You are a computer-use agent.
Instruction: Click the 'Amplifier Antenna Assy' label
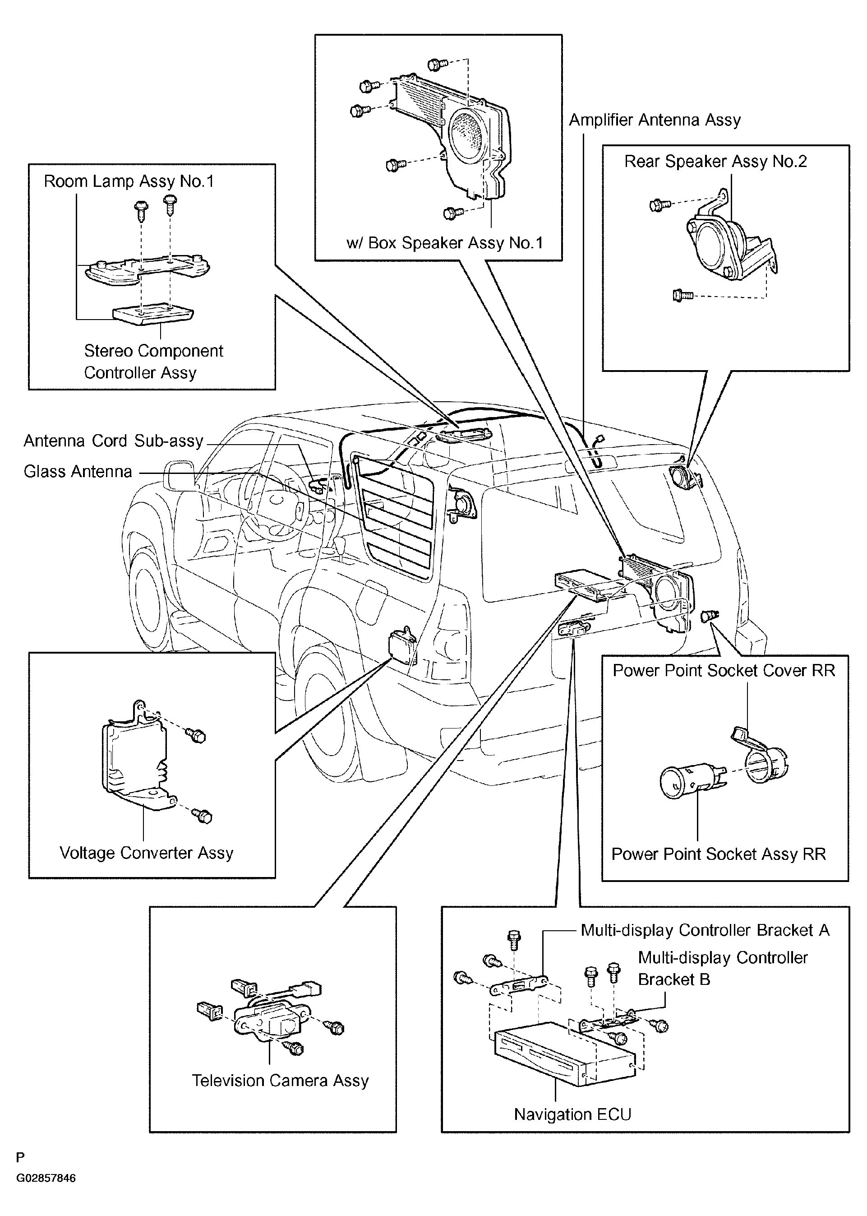point(655,120)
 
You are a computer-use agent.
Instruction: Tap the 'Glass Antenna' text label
point(78,472)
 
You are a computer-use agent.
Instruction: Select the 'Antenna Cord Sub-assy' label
point(114,441)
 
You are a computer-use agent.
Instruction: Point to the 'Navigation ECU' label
point(572,1114)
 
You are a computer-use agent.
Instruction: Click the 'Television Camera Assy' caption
point(280,1081)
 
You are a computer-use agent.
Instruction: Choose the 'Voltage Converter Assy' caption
point(146,853)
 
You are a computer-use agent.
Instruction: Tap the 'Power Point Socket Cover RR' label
point(724,670)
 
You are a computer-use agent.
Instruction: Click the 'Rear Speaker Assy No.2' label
point(715,161)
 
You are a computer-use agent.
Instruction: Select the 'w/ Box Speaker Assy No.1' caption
point(445,243)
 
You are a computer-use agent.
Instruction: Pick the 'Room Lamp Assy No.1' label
point(129,181)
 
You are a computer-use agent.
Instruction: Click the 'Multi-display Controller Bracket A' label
point(705,930)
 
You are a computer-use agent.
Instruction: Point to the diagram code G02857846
point(46,1178)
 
